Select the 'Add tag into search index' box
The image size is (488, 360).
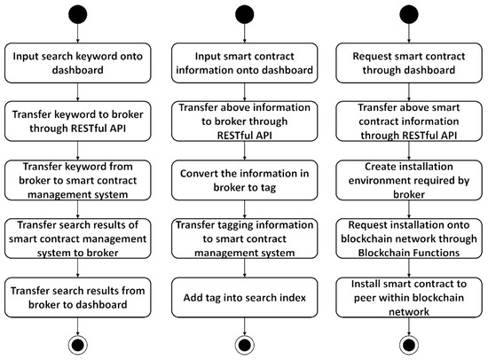(244, 295)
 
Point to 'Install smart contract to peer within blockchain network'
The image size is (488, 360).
(409, 295)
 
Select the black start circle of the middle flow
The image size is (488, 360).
(244, 15)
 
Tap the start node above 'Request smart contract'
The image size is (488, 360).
(409, 15)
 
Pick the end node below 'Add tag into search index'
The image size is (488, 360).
(244, 345)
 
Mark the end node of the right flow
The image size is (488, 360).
(409, 345)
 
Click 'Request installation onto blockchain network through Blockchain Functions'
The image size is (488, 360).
(409, 239)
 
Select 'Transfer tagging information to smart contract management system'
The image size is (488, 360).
(244, 239)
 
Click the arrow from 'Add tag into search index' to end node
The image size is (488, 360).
(244, 325)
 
